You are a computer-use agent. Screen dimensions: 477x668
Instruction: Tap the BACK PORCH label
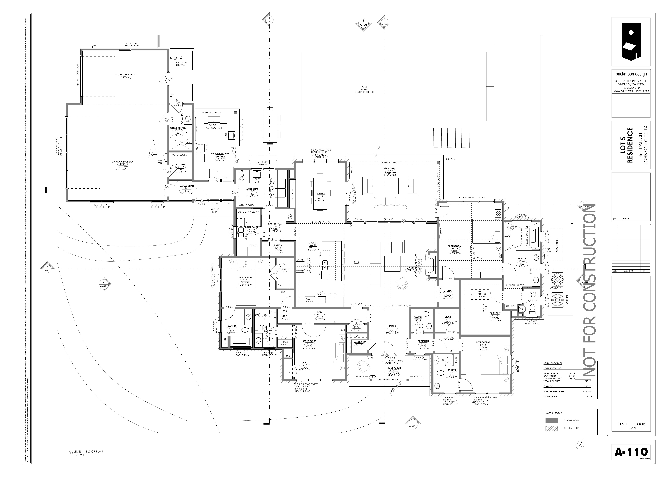[390, 168]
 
